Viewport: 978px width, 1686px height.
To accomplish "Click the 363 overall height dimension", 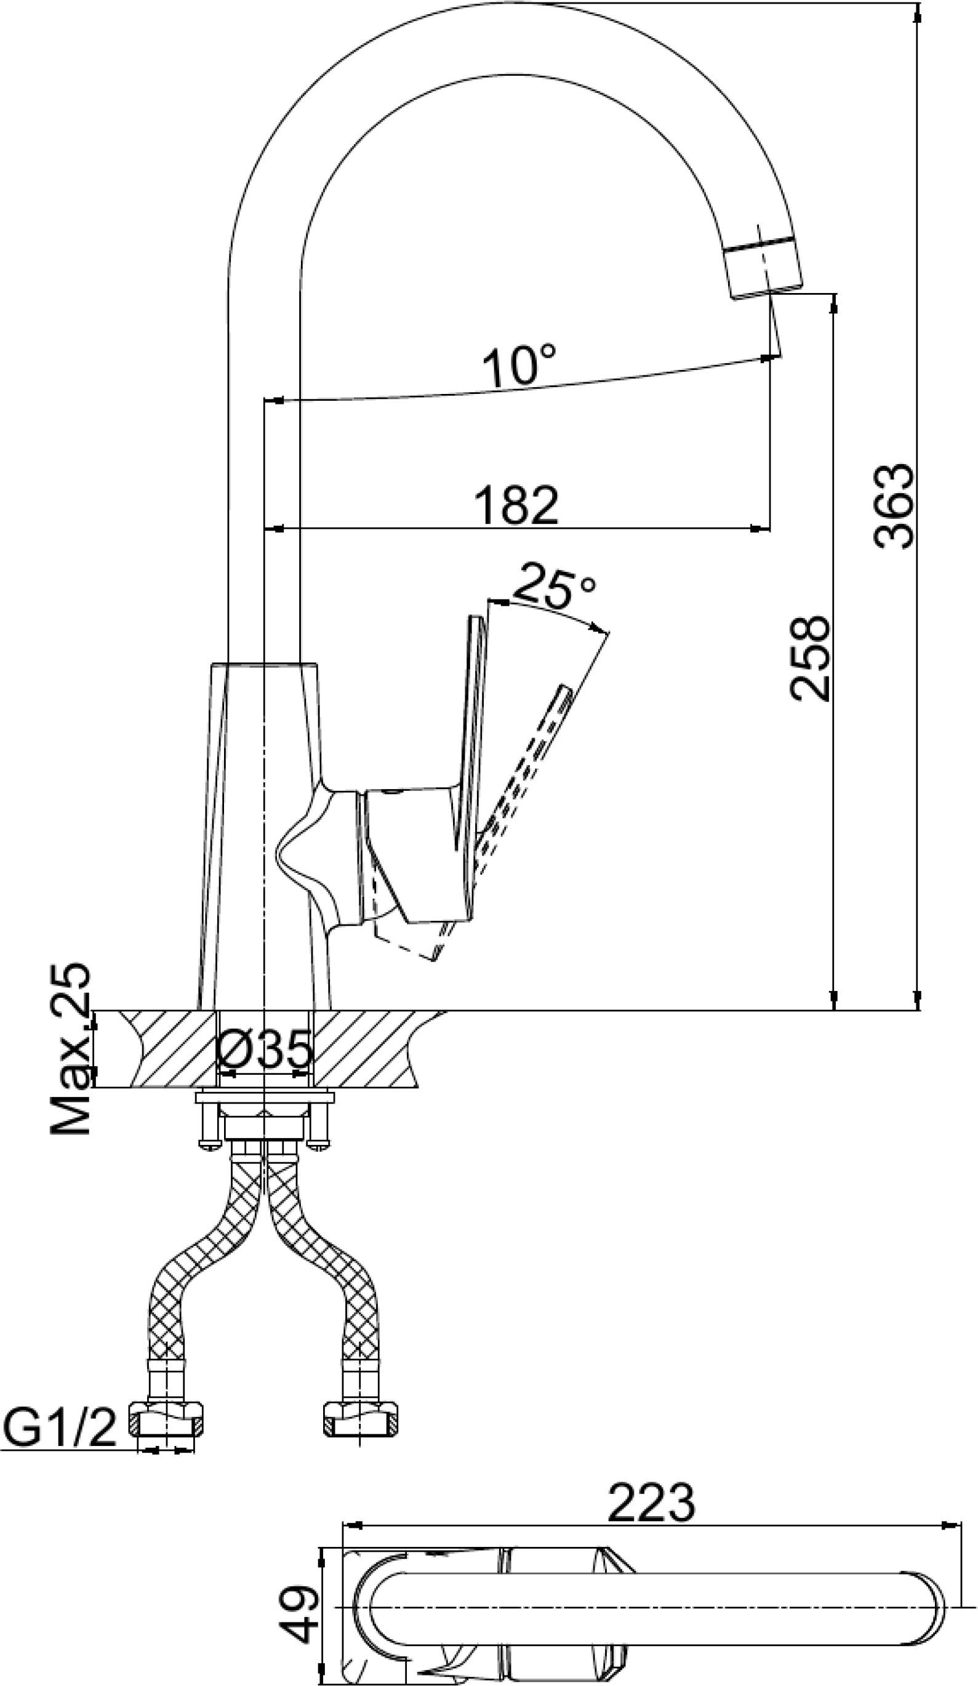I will (895, 507).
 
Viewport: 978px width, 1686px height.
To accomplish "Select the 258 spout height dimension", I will (809, 659).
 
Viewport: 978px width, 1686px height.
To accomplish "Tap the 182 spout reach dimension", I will (516, 505).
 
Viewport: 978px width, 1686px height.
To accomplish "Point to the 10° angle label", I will (518, 366).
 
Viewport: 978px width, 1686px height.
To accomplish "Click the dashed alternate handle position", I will (529, 776).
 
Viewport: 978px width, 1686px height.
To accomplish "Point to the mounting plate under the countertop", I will (264, 1098).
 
